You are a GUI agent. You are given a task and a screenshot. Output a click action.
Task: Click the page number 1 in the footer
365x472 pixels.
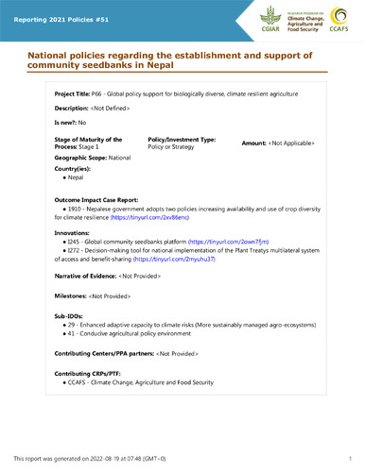click(x=350, y=458)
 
